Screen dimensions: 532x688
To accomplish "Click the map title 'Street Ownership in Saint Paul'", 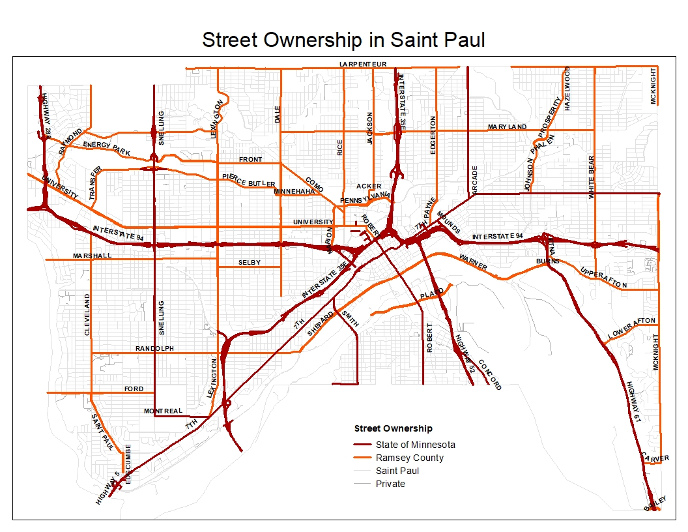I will [x=343, y=40].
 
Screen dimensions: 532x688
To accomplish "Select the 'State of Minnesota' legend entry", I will [x=415, y=445].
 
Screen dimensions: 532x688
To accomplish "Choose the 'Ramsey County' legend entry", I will [x=409, y=458].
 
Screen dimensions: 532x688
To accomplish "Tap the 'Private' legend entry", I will [x=390, y=484].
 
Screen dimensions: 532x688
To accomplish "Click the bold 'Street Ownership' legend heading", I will [x=393, y=428].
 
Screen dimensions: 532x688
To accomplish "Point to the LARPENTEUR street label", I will [x=363, y=64].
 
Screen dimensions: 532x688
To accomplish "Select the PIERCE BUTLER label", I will [x=248, y=180].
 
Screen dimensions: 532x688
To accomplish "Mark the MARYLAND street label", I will [x=507, y=126].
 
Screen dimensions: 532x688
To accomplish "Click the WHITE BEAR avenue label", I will [x=592, y=177].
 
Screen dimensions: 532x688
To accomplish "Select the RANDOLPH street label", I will [x=154, y=349].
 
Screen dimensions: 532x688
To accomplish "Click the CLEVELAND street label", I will [x=87, y=314].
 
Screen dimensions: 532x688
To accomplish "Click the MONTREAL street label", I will [x=164, y=411].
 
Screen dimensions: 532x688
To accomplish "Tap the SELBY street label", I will [x=249, y=263].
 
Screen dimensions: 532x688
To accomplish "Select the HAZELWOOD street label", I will [x=567, y=88].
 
